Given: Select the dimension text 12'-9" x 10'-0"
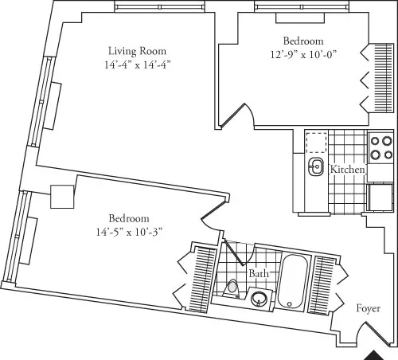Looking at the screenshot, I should coord(303,55).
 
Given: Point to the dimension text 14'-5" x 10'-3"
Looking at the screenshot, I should coord(131,233).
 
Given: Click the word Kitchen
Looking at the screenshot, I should coord(348,170).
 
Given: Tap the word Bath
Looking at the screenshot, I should coord(259,273).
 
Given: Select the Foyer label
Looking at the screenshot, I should coord(368,308).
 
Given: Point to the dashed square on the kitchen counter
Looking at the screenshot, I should coord(317,142).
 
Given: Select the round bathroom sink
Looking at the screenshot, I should coord(259,299).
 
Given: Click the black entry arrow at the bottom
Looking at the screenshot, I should coord(375,354).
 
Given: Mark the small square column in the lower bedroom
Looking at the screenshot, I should coord(62,197).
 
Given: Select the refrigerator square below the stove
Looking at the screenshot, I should coord(380,196).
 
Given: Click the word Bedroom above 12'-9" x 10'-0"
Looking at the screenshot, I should coord(303,41).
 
